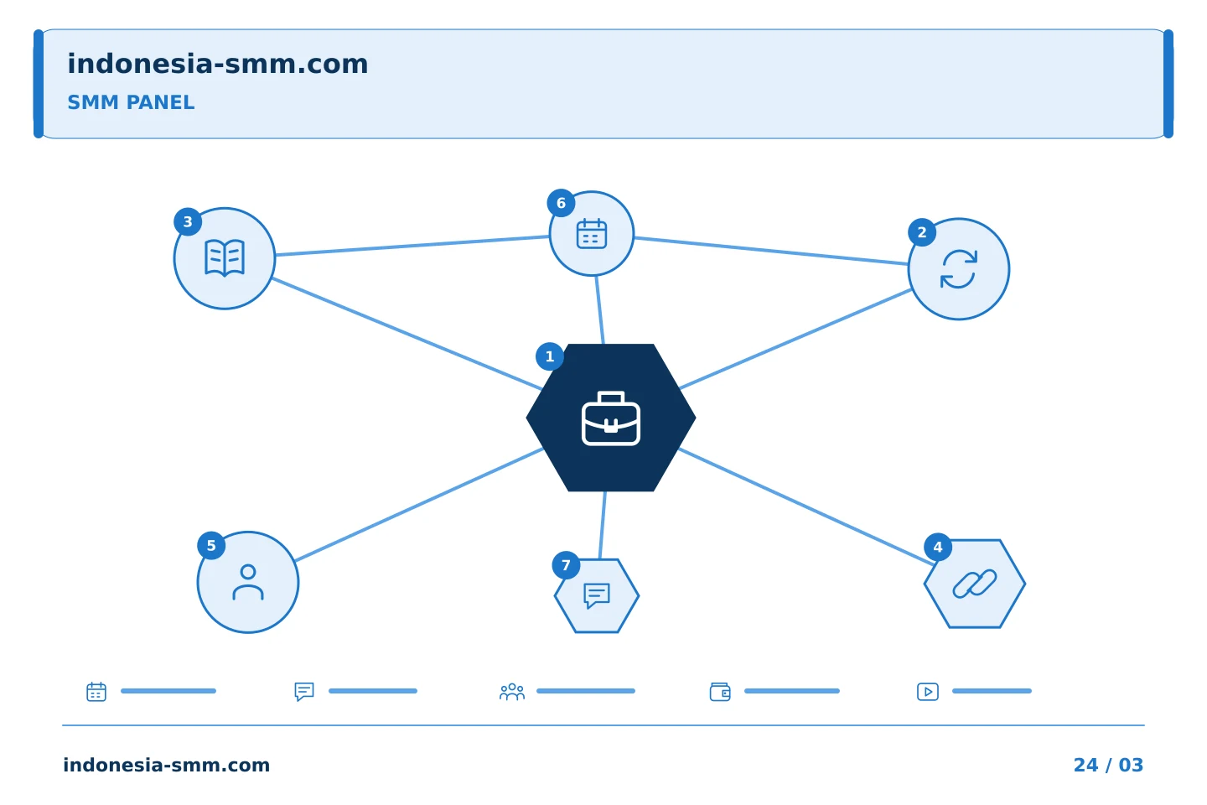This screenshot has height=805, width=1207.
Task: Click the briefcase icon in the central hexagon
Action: click(x=610, y=418)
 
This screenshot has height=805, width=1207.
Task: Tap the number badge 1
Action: click(x=550, y=356)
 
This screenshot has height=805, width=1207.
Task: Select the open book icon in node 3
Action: click(x=225, y=258)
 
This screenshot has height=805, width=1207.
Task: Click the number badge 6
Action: click(x=561, y=203)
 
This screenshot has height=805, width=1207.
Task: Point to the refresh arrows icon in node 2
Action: click(x=959, y=269)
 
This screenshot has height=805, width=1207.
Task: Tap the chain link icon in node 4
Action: click(x=975, y=584)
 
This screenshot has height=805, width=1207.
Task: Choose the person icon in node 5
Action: click(x=248, y=582)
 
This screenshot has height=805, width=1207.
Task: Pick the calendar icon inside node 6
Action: click(x=592, y=234)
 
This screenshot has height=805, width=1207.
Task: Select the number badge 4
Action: click(x=938, y=548)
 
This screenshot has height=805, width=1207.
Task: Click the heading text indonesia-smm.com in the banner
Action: click(x=218, y=64)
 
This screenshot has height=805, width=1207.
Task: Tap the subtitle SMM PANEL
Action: click(x=131, y=102)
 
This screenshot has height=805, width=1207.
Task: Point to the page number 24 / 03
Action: click(x=1108, y=765)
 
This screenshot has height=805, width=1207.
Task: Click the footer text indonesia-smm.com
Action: click(x=167, y=765)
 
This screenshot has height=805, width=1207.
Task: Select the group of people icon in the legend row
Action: click(x=512, y=692)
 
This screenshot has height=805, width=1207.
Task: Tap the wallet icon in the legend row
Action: click(x=720, y=692)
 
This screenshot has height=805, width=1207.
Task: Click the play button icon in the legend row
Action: click(x=928, y=692)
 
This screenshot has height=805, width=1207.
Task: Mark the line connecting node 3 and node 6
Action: click(x=412, y=246)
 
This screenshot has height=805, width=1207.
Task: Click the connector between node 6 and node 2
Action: click(x=771, y=251)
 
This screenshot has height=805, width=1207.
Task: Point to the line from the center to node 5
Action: click(x=419, y=505)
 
